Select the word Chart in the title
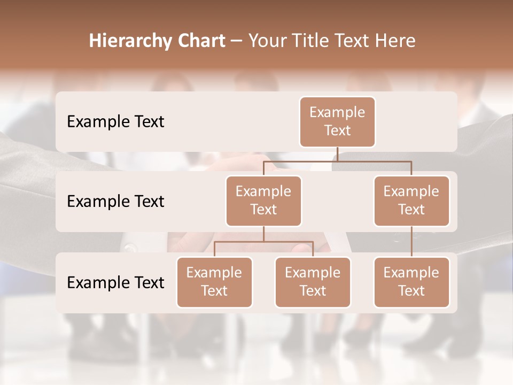click(x=201, y=41)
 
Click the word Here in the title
click(x=396, y=41)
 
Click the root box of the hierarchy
click(x=337, y=122)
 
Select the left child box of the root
click(x=263, y=201)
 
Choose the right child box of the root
click(x=411, y=201)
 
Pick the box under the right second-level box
click(x=411, y=282)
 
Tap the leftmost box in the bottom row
click(x=214, y=282)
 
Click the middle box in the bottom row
click(x=313, y=282)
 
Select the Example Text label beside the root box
click(x=115, y=122)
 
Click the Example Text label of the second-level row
click(x=115, y=202)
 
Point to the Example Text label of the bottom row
click(x=115, y=283)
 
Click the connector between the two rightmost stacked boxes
click(x=411, y=242)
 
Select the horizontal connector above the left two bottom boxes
click(x=263, y=242)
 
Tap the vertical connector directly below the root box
click(x=337, y=154)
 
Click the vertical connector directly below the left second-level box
click(x=263, y=234)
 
